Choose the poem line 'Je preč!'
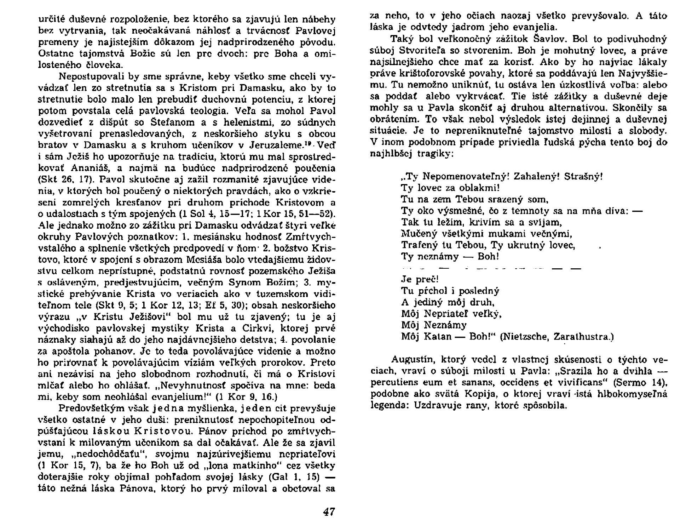[420, 279]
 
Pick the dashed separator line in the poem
[492, 268]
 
